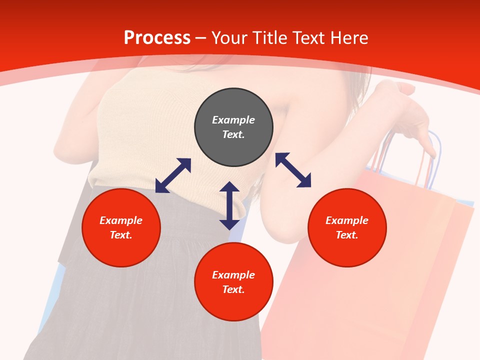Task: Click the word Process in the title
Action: click(157, 38)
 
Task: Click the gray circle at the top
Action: click(233, 145)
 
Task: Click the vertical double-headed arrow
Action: click(229, 205)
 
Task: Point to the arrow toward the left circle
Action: click(173, 175)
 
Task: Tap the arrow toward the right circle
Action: click(293, 170)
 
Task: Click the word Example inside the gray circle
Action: click(233, 120)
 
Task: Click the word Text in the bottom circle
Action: click(233, 289)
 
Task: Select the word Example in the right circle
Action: click(347, 220)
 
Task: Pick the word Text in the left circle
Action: click(121, 235)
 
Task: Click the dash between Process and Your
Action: click(201, 38)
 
